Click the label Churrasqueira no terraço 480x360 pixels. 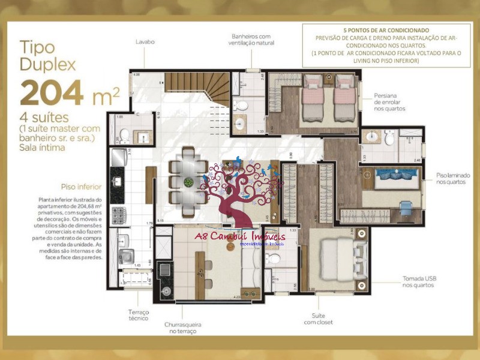click(183, 328)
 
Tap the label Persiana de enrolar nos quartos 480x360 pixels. click(390, 102)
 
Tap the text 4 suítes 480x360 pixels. click(44, 118)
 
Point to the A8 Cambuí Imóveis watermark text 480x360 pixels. click(240, 238)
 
